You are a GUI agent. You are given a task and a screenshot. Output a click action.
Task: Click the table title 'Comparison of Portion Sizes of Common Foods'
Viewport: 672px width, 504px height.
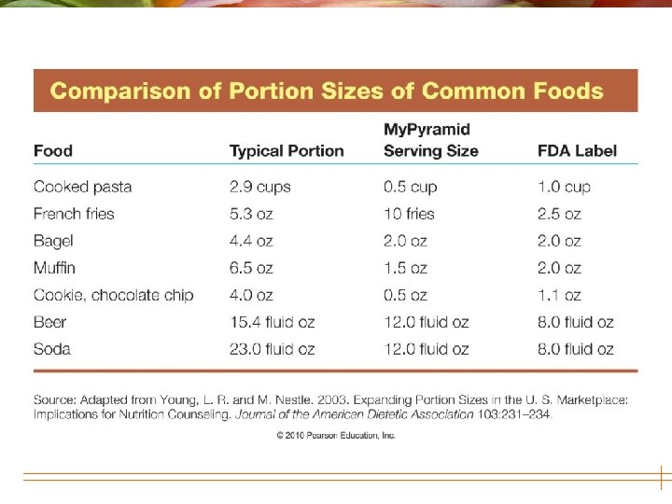coord(327,91)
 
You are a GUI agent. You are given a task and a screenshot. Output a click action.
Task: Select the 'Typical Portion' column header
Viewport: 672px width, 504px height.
coord(287,150)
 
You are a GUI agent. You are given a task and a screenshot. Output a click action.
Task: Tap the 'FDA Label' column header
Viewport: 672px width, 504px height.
coord(577,150)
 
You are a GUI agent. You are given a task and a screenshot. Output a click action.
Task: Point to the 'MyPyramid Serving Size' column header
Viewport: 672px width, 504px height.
coord(430,139)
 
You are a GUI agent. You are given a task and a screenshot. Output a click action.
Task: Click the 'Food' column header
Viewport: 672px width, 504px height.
coord(53,150)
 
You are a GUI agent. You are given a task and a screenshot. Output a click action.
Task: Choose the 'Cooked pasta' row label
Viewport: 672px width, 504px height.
coord(83,187)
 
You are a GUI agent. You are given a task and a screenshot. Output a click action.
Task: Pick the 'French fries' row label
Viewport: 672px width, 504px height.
coord(74,214)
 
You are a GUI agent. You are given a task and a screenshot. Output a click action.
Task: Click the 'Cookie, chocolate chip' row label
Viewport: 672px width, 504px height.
coord(114,295)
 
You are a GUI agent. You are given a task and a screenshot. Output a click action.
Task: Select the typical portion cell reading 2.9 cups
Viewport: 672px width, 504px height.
coord(260,187)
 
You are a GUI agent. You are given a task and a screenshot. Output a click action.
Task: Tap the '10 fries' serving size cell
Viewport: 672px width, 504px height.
coord(409,214)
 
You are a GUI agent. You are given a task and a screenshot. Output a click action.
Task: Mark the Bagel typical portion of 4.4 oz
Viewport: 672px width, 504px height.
coord(251,241)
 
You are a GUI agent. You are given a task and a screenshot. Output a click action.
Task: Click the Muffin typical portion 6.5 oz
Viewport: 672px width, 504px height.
coord(251,268)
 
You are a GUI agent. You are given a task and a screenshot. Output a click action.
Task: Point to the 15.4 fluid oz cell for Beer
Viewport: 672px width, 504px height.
coord(273,322)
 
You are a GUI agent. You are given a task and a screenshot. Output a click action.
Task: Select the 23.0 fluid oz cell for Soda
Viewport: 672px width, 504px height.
coord(273,349)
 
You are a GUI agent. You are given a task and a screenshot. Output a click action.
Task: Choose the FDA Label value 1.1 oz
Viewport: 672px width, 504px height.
coord(559,295)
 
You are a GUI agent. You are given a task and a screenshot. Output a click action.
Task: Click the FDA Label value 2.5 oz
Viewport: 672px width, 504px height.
coord(559,214)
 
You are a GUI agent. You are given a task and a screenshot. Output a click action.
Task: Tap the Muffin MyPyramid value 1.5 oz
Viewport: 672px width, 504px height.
coord(405,268)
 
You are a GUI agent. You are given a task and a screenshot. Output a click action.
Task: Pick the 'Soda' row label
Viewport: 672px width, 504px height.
coord(52,349)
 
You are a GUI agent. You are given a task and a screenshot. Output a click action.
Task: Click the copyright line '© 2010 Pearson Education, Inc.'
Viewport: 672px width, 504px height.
coord(335,435)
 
